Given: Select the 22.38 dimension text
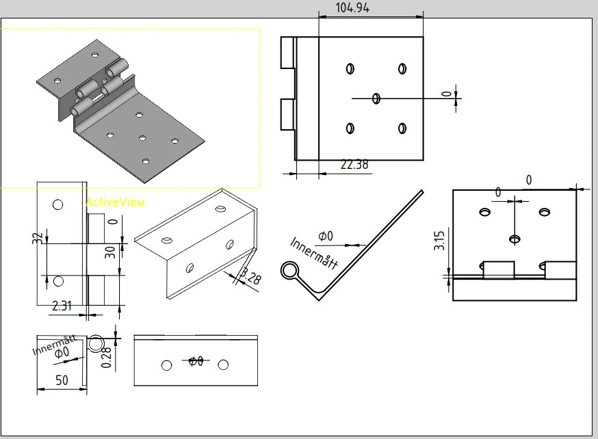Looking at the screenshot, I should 353,164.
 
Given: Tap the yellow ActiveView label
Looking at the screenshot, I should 115,202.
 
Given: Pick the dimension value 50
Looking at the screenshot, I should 62,380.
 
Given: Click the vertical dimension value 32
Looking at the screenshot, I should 38,238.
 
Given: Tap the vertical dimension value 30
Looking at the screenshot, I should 110,253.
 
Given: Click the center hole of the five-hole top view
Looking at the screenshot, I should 376,98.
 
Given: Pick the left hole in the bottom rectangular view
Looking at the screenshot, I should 166,365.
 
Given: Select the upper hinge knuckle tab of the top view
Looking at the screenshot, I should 287,52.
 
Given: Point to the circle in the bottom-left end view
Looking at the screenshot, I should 97,342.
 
